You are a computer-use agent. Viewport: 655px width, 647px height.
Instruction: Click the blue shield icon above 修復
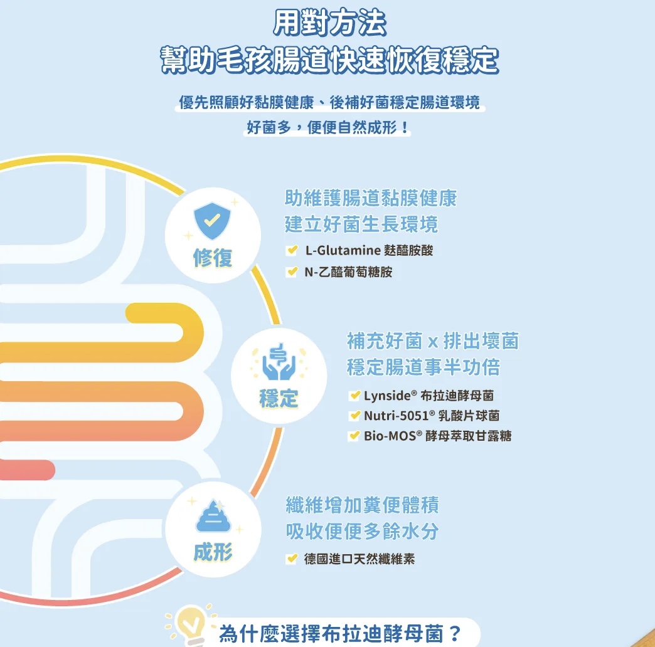[x=212, y=221]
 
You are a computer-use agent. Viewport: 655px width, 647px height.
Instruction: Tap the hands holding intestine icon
[x=279, y=362]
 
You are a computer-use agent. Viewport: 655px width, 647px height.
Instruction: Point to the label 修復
[x=213, y=258]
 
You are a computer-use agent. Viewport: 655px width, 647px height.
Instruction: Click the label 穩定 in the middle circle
[x=279, y=398]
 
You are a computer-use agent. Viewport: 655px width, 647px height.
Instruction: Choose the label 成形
[x=213, y=552]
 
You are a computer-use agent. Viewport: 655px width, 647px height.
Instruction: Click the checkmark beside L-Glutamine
[x=292, y=250]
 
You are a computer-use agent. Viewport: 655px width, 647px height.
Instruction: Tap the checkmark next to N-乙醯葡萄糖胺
[x=292, y=271]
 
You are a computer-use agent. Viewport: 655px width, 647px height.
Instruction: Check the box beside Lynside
[x=354, y=395]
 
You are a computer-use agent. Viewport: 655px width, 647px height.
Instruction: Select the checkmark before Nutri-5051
[x=354, y=415]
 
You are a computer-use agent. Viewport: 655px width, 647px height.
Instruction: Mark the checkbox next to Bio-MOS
[x=354, y=436]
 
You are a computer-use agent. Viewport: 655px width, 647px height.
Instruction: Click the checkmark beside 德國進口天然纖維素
[x=292, y=559]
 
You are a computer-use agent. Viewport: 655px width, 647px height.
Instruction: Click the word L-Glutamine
[x=343, y=250]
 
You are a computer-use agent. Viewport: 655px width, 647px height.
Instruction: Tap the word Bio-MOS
[x=390, y=436]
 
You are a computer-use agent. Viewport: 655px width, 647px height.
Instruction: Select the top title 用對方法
[x=329, y=23]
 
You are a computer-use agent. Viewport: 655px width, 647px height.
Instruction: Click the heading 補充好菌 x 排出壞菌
[x=433, y=341]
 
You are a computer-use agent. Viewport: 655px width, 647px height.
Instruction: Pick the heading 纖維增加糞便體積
[x=363, y=505]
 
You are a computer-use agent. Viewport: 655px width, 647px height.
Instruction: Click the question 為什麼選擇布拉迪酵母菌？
[x=340, y=634]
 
